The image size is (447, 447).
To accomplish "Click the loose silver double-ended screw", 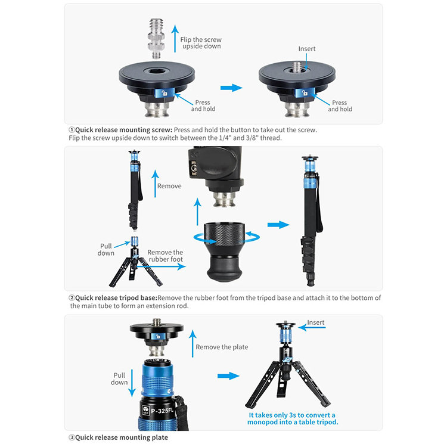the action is pyautogui.click(x=156, y=39).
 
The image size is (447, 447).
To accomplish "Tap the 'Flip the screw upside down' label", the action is pyautogui.click(x=201, y=43).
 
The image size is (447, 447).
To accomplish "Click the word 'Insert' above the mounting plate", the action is pyautogui.click(x=307, y=49).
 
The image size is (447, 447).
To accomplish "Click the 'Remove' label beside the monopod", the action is pyautogui.click(x=169, y=186).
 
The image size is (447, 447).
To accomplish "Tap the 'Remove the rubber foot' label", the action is pyautogui.click(x=165, y=256).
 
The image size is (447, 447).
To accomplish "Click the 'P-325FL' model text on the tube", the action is pyautogui.click(x=162, y=411).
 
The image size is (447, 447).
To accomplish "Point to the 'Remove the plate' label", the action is pyautogui.click(x=222, y=347).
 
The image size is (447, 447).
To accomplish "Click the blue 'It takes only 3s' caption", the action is pyautogui.click(x=293, y=418).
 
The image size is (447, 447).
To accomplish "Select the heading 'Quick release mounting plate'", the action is pyautogui.click(x=122, y=437).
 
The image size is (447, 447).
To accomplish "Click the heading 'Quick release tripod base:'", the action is pyautogui.click(x=116, y=298).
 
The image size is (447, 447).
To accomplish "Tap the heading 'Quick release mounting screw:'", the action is pyautogui.click(x=124, y=130).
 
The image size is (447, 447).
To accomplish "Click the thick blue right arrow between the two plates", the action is pyautogui.click(x=231, y=88).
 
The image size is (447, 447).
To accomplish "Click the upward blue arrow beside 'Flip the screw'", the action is pyautogui.click(x=175, y=39).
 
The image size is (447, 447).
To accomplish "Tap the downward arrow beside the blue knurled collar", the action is pyautogui.click(x=132, y=383).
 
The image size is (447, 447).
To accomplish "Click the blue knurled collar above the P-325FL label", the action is pyautogui.click(x=157, y=381).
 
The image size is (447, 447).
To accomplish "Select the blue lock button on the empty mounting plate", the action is pyautogui.click(x=164, y=93).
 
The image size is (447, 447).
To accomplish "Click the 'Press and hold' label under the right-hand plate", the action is pyautogui.click(x=340, y=105).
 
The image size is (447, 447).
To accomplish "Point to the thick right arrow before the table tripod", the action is pyautogui.click(x=228, y=376).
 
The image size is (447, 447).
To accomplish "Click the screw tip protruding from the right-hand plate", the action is pyautogui.click(x=297, y=67).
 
